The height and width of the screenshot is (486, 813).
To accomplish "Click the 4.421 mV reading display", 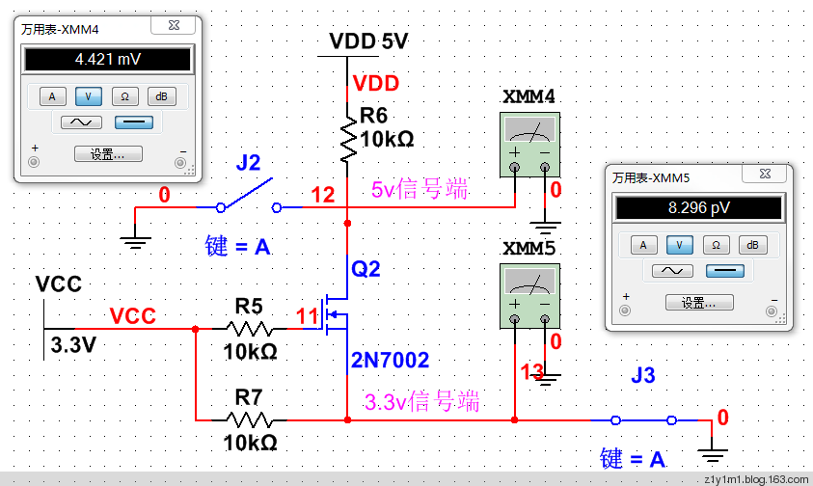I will click(x=107, y=59).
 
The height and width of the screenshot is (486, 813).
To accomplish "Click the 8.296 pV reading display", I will click(x=699, y=207).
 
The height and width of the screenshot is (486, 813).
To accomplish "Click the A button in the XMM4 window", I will click(x=52, y=95).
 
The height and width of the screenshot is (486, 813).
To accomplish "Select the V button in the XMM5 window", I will click(x=679, y=244).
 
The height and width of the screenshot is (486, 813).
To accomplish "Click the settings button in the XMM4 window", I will click(x=107, y=153).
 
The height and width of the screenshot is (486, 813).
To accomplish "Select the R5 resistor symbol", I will click(x=249, y=329).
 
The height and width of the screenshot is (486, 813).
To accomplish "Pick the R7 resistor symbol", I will click(x=249, y=419).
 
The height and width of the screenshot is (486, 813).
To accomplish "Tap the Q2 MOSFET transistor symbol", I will click(x=338, y=313).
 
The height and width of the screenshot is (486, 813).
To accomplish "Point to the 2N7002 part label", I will click(x=390, y=361).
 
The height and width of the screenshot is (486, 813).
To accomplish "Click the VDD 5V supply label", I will click(x=368, y=41).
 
